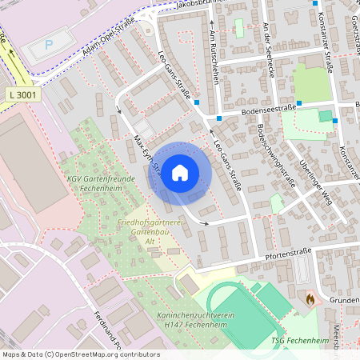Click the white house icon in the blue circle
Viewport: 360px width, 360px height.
[x=180, y=172]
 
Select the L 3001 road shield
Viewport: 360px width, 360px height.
[x=23, y=94]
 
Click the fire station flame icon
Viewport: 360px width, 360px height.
[x=310, y=298]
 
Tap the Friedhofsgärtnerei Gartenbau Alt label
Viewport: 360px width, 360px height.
[x=150, y=230]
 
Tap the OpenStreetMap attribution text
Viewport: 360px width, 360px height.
[x=80, y=354]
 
